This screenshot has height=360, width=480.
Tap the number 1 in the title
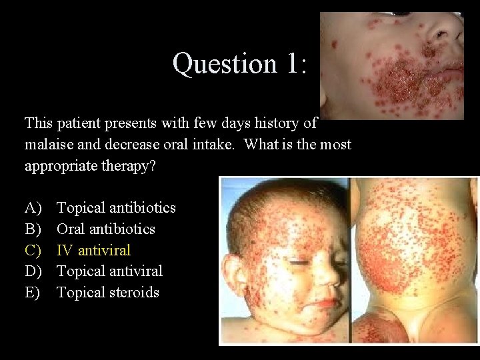pyautogui.click(x=291, y=64)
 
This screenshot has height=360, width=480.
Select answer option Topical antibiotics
pyautogui.click(x=116, y=208)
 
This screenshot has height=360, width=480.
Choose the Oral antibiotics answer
pyautogui.click(x=106, y=229)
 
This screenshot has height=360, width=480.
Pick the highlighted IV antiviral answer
pyautogui.click(x=93, y=250)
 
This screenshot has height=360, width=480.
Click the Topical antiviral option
pyautogui.click(x=109, y=271)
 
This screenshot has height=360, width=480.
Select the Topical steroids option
pyautogui.click(x=108, y=293)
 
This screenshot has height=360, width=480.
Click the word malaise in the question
pyautogui.click(x=49, y=145)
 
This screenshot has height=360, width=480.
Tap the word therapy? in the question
pyautogui.click(x=131, y=165)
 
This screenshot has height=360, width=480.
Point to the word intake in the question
pyautogui.click(x=215, y=145)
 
